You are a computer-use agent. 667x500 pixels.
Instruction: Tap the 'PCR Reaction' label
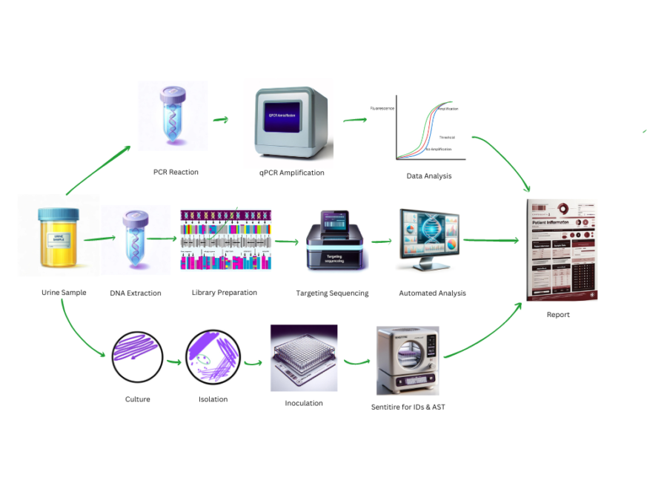pyautogui.click(x=176, y=172)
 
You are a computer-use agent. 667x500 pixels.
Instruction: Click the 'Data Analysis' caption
pyautogui.click(x=428, y=176)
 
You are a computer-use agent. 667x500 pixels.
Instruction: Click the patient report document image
pyautogui.click(x=562, y=250)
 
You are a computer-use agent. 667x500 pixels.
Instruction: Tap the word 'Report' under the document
pyautogui.click(x=558, y=315)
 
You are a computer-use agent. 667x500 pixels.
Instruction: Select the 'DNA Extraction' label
pyautogui.click(x=136, y=293)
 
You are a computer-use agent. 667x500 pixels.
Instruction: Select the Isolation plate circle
pyautogui.click(x=213, y=357)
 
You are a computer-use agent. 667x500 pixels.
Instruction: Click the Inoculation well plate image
pyautogui.click(x=304, y=359)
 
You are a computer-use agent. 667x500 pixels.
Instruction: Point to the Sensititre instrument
pyautogui.click(x=408, y=361)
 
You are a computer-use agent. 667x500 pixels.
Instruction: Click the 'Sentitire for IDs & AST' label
pyautogui.click(x=408, y=407)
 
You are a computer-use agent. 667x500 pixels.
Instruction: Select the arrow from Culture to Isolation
pyautogui.click(x=174, y=361)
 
